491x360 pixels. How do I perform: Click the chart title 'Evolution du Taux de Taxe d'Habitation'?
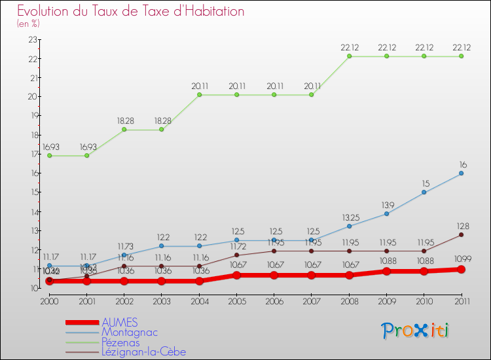131,12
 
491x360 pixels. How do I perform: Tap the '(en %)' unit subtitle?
29,24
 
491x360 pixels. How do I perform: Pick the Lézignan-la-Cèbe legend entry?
143,351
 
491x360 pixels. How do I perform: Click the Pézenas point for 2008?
349,56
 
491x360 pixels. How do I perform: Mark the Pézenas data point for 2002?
124,130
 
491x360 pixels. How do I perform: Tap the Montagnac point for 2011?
461,173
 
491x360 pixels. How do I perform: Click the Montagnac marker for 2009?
386,213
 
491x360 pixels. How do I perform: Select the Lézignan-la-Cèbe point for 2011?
461,235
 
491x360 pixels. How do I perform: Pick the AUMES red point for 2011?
461,269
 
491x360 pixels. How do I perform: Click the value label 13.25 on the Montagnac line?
349,217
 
